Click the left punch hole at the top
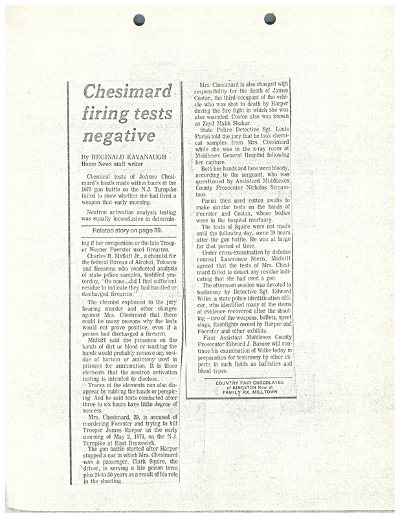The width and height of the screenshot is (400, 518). click(139, 19)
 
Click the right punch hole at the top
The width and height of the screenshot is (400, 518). click(270, 19)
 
